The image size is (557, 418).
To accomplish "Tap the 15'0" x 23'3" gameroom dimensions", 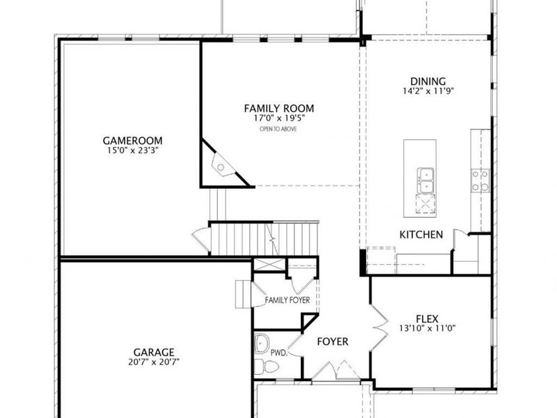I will [130, 150].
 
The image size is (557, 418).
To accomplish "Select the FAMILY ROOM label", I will [278, 108].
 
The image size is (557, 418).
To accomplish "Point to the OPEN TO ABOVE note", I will [278, 130].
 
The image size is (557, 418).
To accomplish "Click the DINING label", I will [428, 81].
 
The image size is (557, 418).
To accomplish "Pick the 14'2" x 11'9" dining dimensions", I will [428, 91].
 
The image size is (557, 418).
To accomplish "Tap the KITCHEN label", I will [421, 235].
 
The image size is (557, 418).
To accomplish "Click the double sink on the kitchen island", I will [426, 179].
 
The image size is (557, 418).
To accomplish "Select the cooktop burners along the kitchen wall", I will [480, 180].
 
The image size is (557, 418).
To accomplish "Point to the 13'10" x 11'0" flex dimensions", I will [428, 327].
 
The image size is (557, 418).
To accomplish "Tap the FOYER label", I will [333, 341].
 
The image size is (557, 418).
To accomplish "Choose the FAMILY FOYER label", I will [287, 300].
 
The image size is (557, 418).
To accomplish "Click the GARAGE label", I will [155, 352].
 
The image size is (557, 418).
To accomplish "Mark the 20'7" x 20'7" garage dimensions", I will [155, 362].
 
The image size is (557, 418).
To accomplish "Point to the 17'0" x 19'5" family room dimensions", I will [278, 118].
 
